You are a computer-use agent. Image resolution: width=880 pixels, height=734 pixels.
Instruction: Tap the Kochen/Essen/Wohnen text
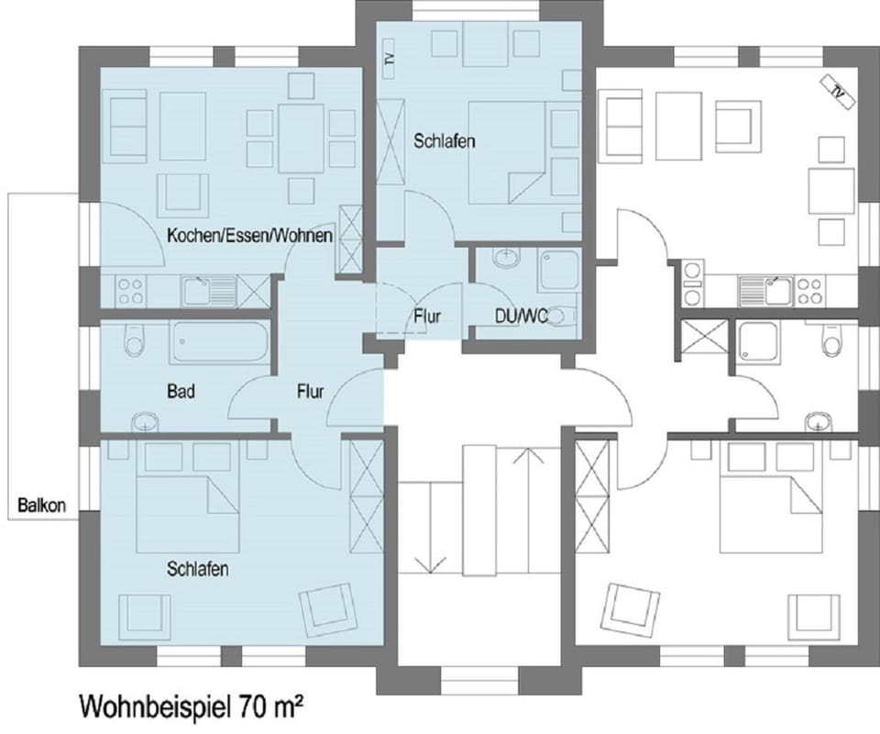(x=249, y=237)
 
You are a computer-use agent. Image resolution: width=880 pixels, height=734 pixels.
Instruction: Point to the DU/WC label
(x=520, y=317)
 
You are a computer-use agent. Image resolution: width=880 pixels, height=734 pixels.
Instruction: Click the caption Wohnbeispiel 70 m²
(x=192, y=706)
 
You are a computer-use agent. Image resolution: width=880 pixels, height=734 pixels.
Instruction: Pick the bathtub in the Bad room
(x=219, y=343)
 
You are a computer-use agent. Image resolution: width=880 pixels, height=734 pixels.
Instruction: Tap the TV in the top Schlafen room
(x=389, y=54)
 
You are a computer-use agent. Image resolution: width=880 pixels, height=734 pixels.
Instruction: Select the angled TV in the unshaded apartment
(x=838, y=91)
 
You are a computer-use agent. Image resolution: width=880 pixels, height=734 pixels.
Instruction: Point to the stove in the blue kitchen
(x=129, y=291)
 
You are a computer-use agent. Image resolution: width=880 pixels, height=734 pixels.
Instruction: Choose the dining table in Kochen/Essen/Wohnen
(x=301, y=137)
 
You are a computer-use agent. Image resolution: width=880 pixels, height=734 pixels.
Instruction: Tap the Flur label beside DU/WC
(x=426, y=317)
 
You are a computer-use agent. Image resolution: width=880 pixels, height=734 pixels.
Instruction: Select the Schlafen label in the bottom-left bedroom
(x=197, y=570)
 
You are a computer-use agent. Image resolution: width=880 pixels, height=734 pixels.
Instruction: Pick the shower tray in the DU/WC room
(x=558, y=271)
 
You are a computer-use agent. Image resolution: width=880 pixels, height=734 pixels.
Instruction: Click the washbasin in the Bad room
(x=146, y=422)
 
